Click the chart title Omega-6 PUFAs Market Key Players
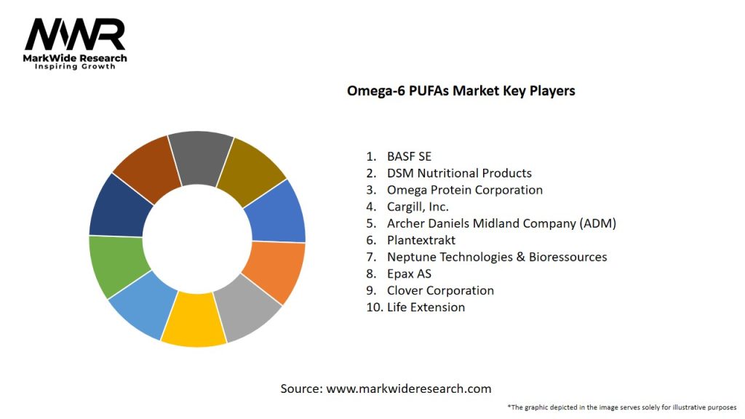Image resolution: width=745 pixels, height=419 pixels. (461, 91)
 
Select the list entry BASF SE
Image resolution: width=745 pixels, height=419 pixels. (409, 156)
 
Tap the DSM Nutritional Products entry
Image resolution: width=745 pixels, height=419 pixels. (459, 173)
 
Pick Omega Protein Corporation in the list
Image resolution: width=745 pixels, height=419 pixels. (465, 190)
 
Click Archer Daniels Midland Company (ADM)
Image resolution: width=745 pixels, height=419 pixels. (501, 223)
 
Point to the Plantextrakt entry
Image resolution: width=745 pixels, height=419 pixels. (421, 240)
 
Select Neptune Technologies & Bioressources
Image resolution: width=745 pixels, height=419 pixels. (497, 257)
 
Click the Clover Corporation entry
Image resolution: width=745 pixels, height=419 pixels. (440, 290)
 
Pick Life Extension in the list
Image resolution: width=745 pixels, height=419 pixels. (426, 307)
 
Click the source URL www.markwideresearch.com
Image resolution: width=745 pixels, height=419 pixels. (408, 388)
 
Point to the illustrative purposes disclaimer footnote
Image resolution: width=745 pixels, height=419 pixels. (622, 407)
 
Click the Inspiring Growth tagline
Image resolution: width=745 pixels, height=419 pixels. (75, 67)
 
